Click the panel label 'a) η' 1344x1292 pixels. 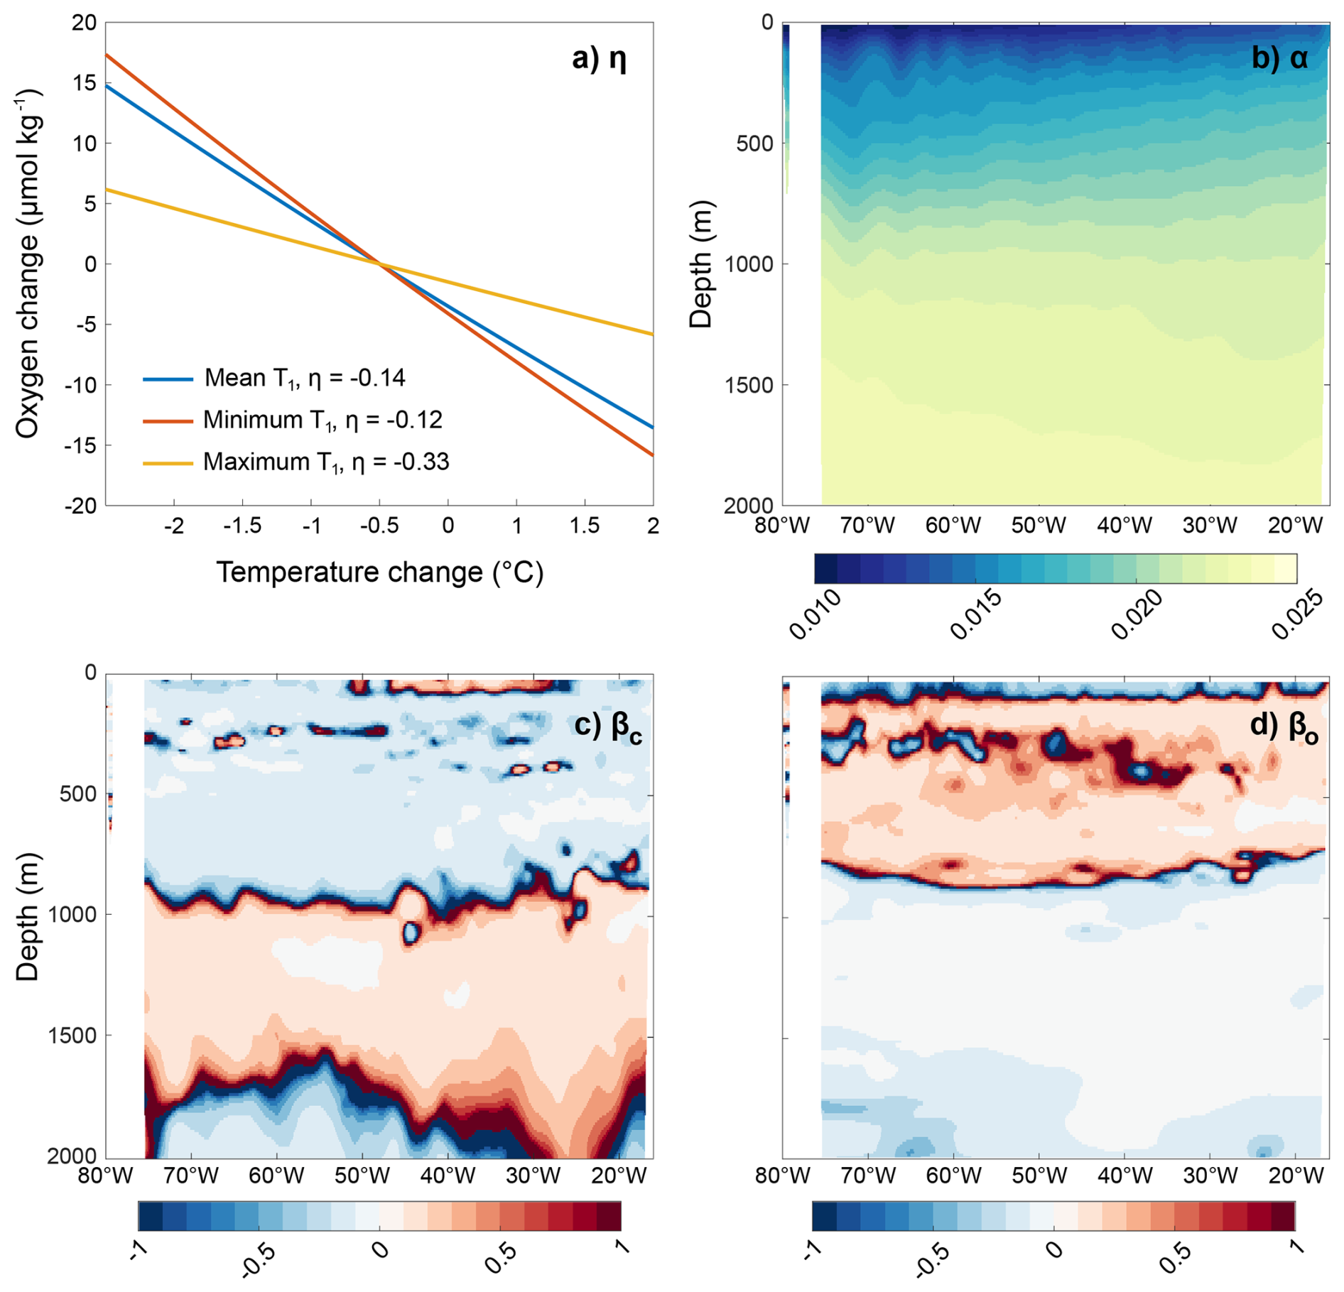(x=599, y=58)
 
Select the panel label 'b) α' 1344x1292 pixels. (x=1279, y=58)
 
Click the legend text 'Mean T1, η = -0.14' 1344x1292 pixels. (x=305, y=378)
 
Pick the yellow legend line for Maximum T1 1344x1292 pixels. (x=168, y=463)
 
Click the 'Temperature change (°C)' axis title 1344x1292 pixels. (x=379, y=572)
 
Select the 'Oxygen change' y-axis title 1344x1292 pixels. (x=28, y=264)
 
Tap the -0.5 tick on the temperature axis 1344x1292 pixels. (x=379, y=526)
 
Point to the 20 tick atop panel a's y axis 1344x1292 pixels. (x=84, y=23)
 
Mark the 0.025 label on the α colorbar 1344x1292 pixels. (x=1298, y=614)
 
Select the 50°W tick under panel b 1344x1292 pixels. (x=1039, y=526)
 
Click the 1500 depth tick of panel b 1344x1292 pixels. (x=748, y=384)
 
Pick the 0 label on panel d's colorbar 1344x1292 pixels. (x=1055, y=1249)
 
